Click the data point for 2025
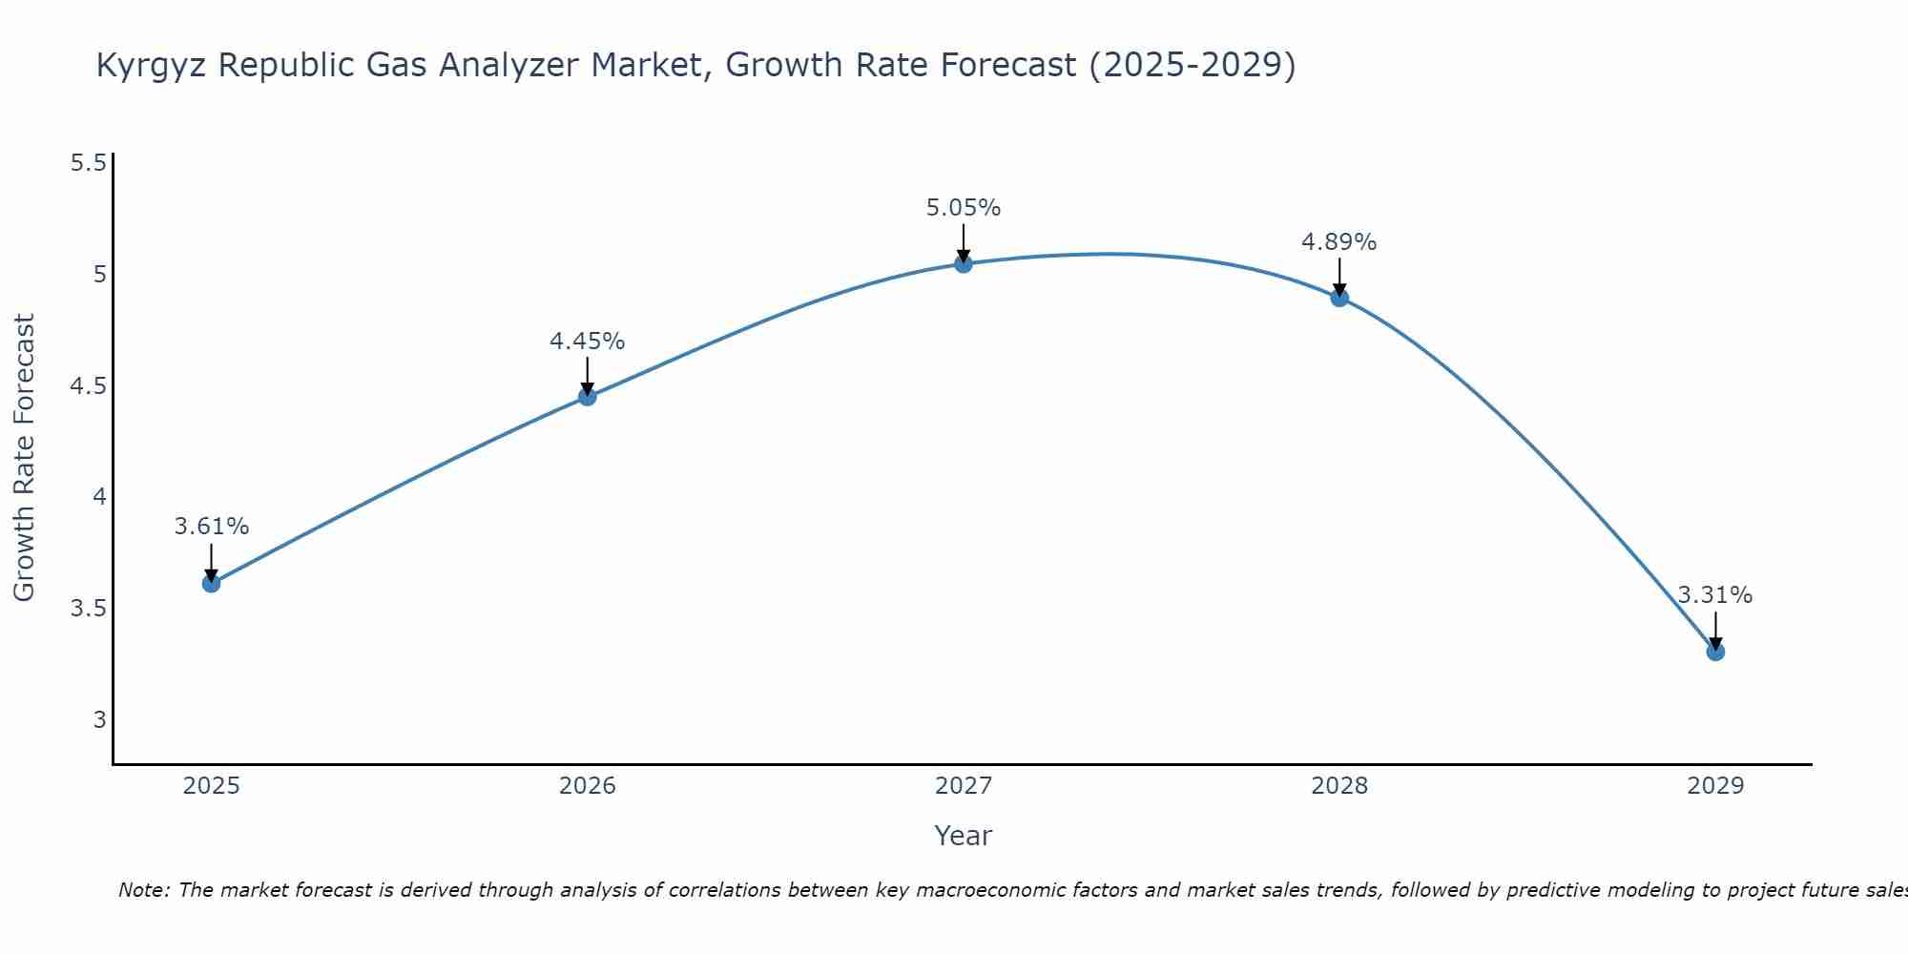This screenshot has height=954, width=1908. [212, 583]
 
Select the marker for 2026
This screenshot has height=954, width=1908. [588, 396]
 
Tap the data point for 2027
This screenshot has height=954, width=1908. [964, 263]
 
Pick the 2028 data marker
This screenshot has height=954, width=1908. [1339, 298]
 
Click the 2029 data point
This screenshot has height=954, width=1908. [1715, 652]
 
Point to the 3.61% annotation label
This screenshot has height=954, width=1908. [212, 527]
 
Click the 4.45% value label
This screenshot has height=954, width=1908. [588, 342]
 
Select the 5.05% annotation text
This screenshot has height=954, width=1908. [964, 208]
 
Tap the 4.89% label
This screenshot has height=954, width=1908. [1339, 242]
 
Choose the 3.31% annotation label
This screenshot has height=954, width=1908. [1715, 595]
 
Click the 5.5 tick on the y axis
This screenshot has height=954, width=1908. [88, 163]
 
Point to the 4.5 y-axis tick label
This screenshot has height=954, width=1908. [88, 386]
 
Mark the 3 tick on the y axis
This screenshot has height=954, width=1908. [99, 719]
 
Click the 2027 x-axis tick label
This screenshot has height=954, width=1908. [964, 786]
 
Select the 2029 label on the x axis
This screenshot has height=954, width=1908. [1715, 786]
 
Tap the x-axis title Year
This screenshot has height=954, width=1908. [964, 836]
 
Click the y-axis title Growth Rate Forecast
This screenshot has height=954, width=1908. [24, 457]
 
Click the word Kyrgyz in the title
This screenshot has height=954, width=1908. [153, 66]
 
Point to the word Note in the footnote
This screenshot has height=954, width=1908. [143, 890]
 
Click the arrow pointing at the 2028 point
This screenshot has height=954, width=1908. [1339, 277]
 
